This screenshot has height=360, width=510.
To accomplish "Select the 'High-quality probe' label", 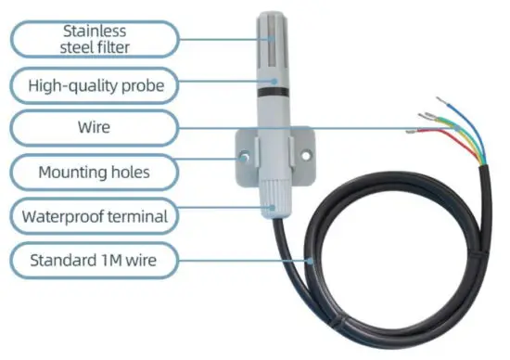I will coord(93,86).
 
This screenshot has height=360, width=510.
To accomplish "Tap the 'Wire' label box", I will coord(93,129).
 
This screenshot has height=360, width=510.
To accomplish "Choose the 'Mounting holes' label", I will coord(93,173).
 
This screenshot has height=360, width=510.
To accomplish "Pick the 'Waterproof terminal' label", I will coord(93,217).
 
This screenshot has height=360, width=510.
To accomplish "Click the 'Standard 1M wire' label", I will coord(93,262).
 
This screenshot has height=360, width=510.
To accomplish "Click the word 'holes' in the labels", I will coord(128,173).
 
